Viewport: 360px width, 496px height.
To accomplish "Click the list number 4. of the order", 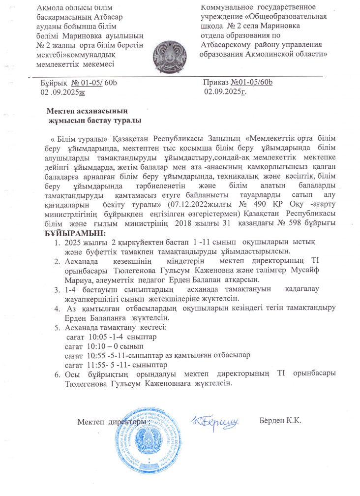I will coord(57,308).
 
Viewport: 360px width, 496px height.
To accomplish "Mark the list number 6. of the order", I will coord(57,374).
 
